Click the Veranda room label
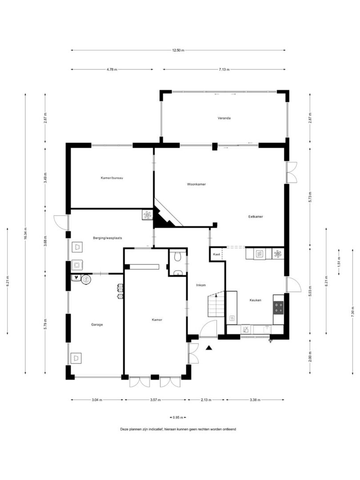coord(224,118)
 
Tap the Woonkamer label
coord(196,184)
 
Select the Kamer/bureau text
coord(112,178)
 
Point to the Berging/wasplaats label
coord(108,238)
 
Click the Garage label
coord(97,324)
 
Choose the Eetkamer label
coord(256,217)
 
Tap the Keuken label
coord(255,300)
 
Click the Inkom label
coord(201,285)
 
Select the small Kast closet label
coord(216,254)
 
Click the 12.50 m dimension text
coord(178,51)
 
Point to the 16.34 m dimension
coord(25,234)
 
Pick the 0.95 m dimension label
coord(178,417)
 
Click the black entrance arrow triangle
coord(209,348)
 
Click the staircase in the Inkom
coord(216,305)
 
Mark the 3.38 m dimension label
coord(255,400)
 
